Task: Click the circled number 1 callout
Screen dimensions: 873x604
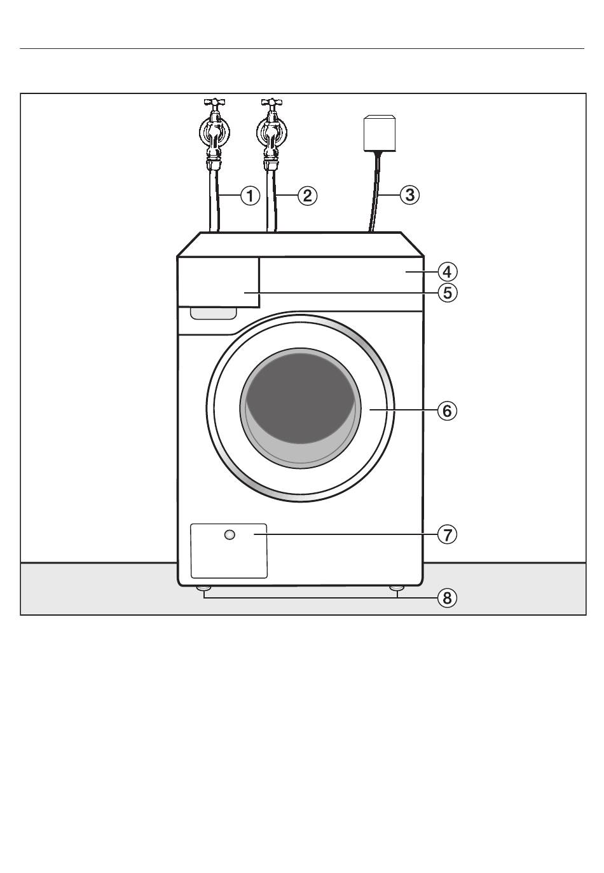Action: pos(250,195)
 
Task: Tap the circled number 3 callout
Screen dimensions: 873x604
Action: pos(409,195)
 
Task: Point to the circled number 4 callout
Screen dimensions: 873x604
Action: pos(447,272)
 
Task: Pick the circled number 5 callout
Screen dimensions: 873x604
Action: pos(447,293)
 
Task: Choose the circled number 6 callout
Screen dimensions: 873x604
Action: pos(447,411)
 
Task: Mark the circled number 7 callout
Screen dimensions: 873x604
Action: pos(447,535)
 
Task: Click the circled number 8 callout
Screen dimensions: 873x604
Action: pos(447,598)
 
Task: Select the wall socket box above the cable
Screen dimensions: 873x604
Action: pos(379,133)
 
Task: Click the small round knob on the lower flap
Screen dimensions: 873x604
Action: pos(230,535)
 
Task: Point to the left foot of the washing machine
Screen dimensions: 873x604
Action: pos(203,588)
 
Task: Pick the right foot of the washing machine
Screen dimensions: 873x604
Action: pos(397,588)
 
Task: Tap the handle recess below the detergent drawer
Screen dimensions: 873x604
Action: pos(213,313)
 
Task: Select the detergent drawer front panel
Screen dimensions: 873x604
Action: pos(219,281)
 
